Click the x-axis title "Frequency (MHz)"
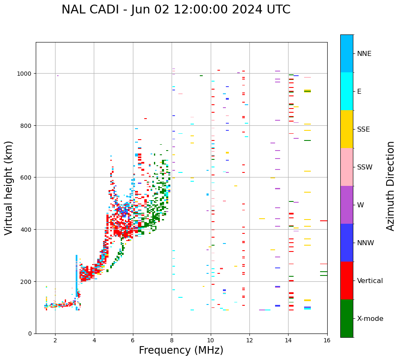pos(181,350)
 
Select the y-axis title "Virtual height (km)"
pos(9,188)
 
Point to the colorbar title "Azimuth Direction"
pos(391,186)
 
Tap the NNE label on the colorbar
pos(364,53)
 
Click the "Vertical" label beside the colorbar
pos(370,281)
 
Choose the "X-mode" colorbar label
pos(370,318)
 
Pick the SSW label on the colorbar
pos(365,167)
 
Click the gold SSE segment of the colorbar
pos(347,129)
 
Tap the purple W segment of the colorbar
pos(347,205)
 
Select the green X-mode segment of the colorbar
pos(347,318)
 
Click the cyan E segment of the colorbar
pos(347,91)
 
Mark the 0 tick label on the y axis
pos(30,334)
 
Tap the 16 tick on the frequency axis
pos(327,340)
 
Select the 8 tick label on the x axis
pos(172,340)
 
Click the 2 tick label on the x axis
pos(55,340)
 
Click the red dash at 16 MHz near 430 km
pos(323,221)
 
